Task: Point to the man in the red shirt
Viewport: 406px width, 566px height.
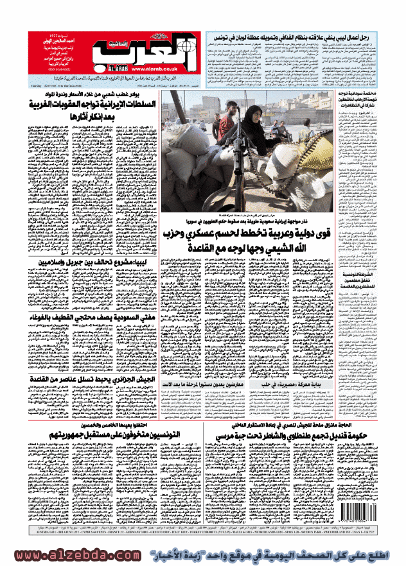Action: (x=224, y=126)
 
